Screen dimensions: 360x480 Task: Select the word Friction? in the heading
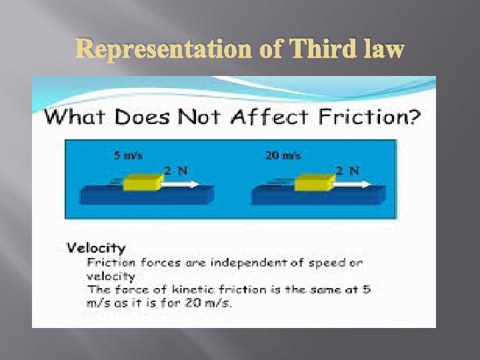371,119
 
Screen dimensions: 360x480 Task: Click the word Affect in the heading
272,119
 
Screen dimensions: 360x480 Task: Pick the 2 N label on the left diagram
177,169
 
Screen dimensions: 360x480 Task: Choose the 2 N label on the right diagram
347,169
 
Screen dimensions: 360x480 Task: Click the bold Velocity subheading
96,248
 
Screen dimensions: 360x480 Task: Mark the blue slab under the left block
147,196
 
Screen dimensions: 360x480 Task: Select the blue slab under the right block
319,196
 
